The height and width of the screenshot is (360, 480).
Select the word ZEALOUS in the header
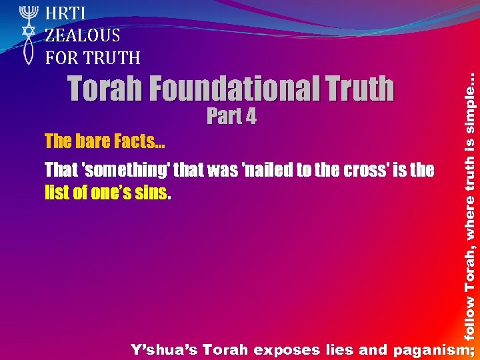pos(83,35)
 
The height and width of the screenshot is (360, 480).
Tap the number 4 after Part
pos(250,117)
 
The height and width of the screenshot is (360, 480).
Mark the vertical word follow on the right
pos(471,317)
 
